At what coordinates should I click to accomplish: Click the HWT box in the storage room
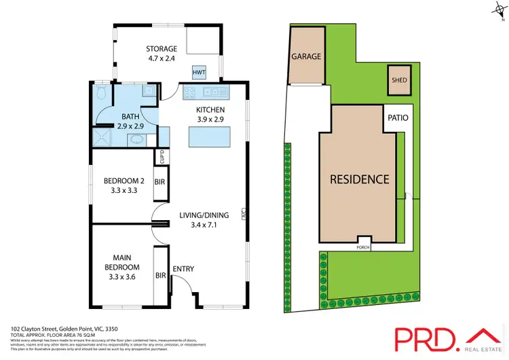pyautogui.click(x=200, y=72)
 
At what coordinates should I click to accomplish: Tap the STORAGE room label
pyautogui.click(x=162, y=49)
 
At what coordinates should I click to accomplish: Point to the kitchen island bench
pyautogui.click(x=207, y=138)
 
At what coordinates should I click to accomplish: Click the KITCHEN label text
pyautogui.click(x=210, y=110)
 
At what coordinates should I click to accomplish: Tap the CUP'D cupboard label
pyautogui.click(x=161, y=157)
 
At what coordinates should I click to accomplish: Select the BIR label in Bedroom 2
pyautogui.click(x=160, y=183)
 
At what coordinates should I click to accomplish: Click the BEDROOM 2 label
pyautogui.click(x=124, y=181)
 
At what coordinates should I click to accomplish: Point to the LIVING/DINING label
pyautogui.click(x=204, y=215)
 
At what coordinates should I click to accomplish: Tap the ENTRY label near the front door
pyautogui.click(x=183, y=269)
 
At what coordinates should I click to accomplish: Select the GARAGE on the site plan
pyautogui.click(x=306, y=57)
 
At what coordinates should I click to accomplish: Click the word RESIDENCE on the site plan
pyautogui.click(x=359, y=180)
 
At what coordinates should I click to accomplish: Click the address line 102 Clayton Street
pyautogui.click(x=52, y=328)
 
